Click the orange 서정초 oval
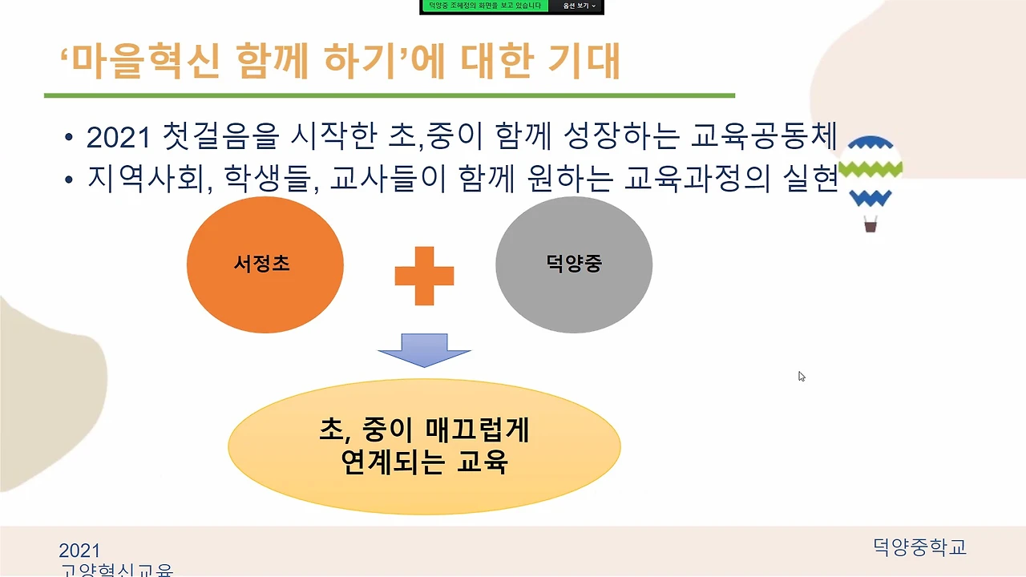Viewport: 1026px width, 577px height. pyautogui.click(x=265, y=264)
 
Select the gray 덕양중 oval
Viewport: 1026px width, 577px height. pyautogui.click(x=574, y=264)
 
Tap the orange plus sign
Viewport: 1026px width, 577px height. pyautogui.click(x=424, y=276)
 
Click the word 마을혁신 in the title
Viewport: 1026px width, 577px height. pyautogui.click(x=144, y=63)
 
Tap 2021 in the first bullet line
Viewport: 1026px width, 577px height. pyautogui.click(x=119, y=138)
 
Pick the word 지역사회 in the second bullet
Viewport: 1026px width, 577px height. pyautogui.click(x=141, y=179)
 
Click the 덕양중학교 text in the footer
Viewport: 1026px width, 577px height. pyautogui.click(x=920, y=547)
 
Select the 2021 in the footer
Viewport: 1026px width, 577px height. pyautogui.click(x=79, y=551)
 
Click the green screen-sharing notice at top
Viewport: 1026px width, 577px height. pyautogui.click(x=484, y=6)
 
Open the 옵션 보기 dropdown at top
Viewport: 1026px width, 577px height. pyautogui.click(x=579, y=6)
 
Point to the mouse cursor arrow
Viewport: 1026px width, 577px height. pyautogui.click(x=801, y=376)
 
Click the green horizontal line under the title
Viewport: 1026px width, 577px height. pyautogui.click(x=389, y=95)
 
